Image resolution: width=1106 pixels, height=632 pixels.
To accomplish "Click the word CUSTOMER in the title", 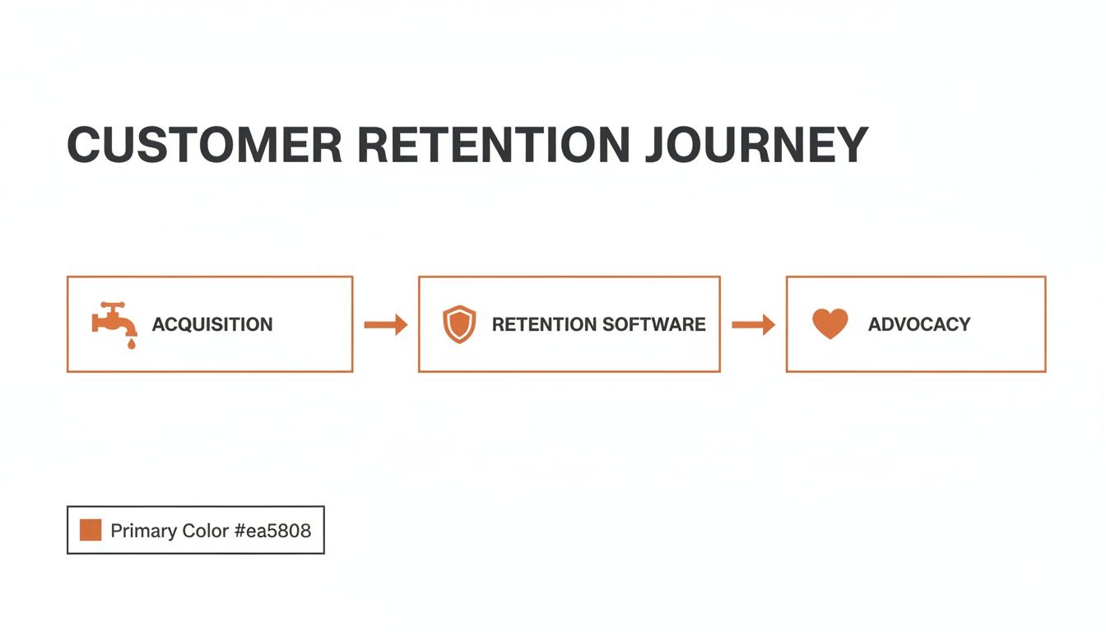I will point(204,146).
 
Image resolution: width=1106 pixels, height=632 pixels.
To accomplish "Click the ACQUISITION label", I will point(212,324).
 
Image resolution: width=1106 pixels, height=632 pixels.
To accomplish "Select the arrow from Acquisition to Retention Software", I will point(385,324).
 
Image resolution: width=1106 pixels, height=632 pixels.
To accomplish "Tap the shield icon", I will point(459,324).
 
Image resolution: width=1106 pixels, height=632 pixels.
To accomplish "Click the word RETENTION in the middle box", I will point(543,324).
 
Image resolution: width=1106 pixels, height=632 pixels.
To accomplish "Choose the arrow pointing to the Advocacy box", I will point(753,324).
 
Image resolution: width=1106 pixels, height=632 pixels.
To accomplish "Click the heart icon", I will point(829,323).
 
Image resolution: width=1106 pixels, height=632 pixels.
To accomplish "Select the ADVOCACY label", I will point(919,324).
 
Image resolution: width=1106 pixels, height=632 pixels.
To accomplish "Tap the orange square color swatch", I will point(91,530).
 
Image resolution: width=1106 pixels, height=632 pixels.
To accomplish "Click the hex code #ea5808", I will point(273,531).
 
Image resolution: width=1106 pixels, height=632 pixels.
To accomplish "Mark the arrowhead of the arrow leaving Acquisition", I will point(400,324).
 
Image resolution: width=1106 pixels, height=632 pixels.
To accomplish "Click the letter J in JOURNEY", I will point(656,146).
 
